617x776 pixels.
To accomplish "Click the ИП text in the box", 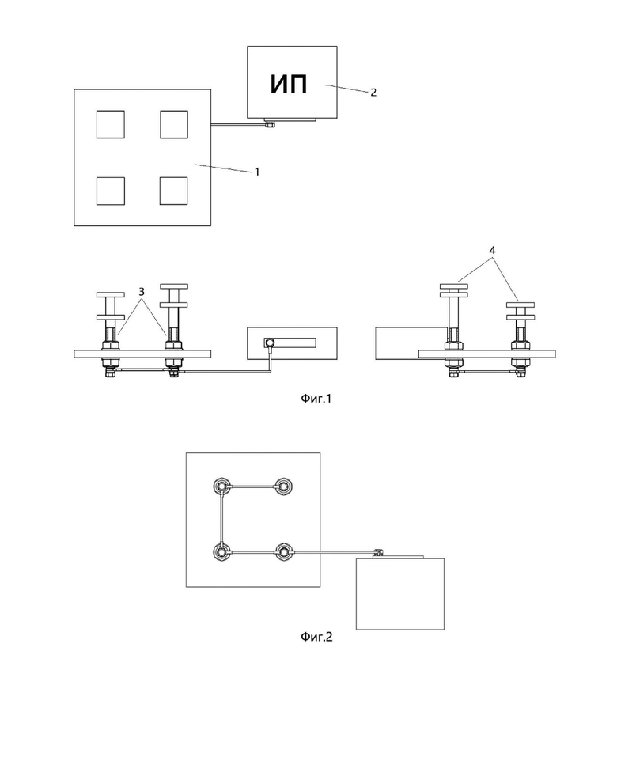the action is (x=289, y=84).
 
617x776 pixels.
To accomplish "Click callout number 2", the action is (x=373, y=92).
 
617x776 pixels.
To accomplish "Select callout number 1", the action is (x=257, y=172).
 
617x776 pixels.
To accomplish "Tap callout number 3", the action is (x=142, y=292).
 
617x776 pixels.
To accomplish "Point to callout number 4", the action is (x=492, y=251).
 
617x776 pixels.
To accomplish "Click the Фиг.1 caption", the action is (x=316, y=399).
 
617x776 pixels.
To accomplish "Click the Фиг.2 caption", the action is (x=316, y=637).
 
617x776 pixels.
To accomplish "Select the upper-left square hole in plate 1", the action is (x=110, y=124).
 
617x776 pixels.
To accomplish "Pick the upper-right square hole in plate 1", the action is (x=174, y=124).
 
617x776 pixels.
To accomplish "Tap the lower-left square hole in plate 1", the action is (x=110, y=191).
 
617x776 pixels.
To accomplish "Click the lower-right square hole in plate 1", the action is (x=174, y=191).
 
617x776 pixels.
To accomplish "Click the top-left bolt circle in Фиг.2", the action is (x=221, y=487).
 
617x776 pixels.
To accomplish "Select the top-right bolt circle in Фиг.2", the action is (x=283, y=487).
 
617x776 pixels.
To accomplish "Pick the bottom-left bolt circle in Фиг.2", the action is (x=221, y=551).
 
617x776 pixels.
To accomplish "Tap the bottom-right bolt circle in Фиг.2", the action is (x=283, y=551).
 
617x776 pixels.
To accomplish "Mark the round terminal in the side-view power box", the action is (x=270, y=342).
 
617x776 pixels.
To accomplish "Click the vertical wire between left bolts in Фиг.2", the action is (x=221, y=519).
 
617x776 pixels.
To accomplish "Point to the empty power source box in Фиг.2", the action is (x=400, y=594).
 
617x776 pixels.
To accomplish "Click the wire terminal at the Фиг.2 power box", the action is (x=379, y=552).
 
